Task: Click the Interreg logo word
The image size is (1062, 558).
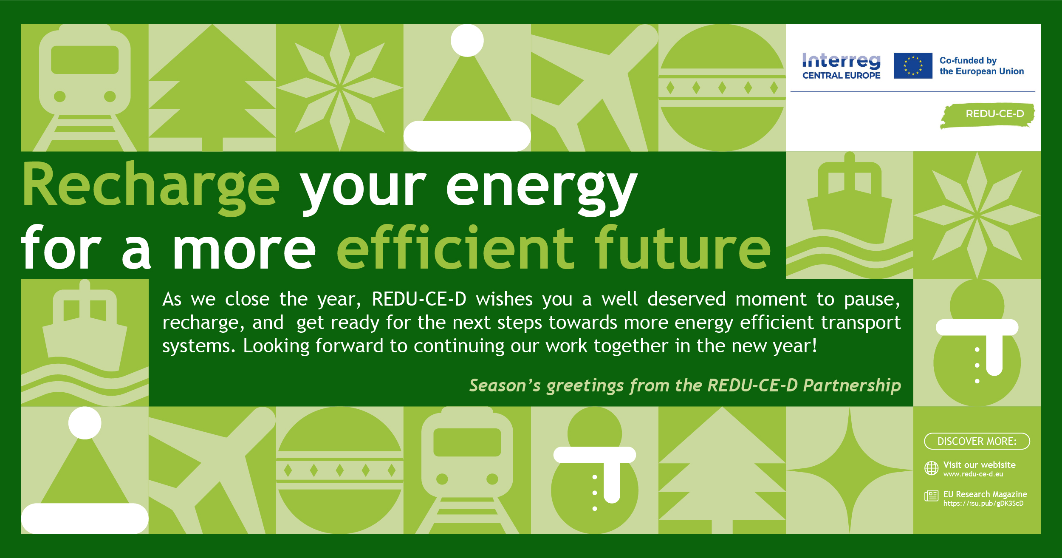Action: coord(841,61)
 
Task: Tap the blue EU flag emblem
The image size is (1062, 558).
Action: coord(913,65)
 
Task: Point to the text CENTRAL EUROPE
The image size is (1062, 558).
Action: coord(841,76)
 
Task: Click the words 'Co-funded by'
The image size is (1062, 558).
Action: coord(968,61)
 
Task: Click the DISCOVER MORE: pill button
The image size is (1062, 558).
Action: coord(977,441)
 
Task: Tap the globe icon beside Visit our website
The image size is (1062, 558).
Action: coord(931,468)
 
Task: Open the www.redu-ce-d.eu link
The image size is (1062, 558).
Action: coord(973,474)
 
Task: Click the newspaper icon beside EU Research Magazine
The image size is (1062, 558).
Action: coord(931,496)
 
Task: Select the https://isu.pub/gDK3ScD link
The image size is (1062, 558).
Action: coord(983,504)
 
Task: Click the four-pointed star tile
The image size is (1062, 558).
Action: coord(850,470)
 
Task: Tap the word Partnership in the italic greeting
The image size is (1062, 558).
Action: coord(852,385)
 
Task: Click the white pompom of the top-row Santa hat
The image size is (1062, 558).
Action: coord(467,40)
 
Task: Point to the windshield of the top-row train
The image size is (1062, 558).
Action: coord(85,60)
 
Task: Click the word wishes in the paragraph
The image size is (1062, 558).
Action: coord(504,299)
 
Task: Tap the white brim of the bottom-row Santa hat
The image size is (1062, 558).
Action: coord(85,518)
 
